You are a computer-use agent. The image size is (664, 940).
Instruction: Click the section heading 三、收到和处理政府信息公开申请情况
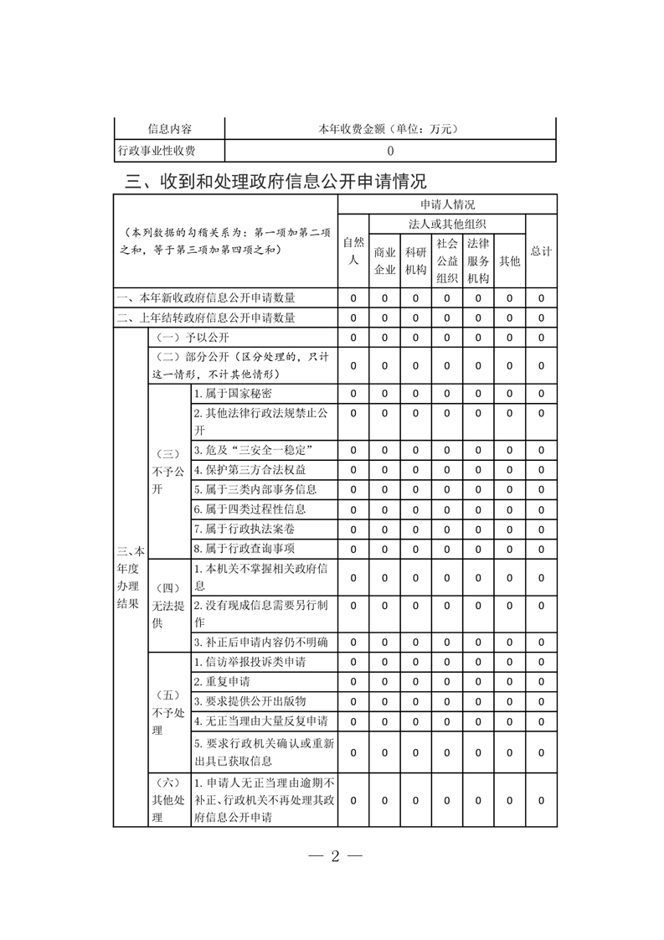coord(275,181)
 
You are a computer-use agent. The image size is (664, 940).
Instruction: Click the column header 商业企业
coord(384,261)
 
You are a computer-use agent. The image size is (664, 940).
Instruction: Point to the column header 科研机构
coord(415,261)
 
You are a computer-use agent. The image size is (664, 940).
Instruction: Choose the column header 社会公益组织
coord(446,261)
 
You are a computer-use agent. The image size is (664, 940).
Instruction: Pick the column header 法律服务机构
coord(477,261)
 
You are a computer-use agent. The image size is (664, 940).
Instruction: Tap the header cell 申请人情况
coord(447,204)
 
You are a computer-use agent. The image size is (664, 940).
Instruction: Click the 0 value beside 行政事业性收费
coord(391,152)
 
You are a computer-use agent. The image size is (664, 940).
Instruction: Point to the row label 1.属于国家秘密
coord(233,393)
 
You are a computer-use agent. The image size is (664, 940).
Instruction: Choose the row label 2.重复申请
coord(221,681)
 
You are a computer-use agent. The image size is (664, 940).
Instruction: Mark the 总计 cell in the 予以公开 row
coord(541,337)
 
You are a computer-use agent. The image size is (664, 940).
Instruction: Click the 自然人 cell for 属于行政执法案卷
coord(353,529)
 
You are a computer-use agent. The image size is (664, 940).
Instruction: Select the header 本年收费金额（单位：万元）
coord(391,129)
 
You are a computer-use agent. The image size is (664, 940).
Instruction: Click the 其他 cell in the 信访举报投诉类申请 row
coord(509,662)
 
